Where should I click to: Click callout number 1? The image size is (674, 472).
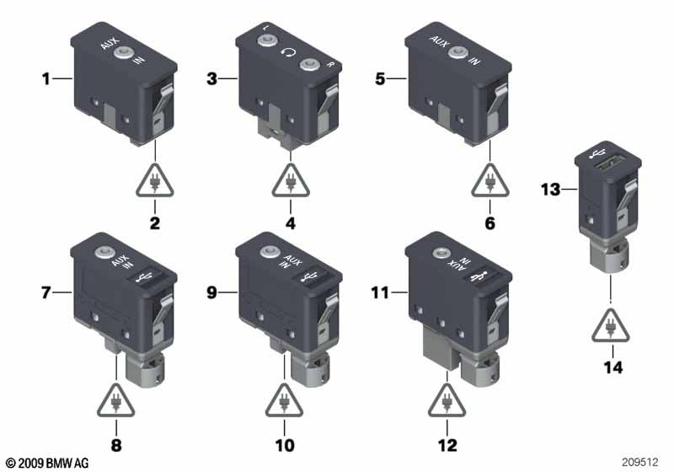tap(45, 79)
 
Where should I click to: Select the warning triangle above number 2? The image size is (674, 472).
tap(155, 180)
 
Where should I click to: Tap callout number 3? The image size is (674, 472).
tap(211, 79)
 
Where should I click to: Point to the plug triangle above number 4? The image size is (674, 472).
tap(291, 180)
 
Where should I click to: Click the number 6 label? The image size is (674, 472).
tap(489, 223)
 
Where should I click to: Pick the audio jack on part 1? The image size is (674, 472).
tap(123, 53)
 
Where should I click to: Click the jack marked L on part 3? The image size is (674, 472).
tap(267, 41)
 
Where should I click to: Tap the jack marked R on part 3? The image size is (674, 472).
tap(309, 65)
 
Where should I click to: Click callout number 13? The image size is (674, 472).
tap(551, 190)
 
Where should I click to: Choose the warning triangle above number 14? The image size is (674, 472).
tap(610, 326)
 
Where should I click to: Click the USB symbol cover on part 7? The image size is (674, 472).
tap(144, 277)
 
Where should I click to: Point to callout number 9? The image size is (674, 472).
tap(211, 292)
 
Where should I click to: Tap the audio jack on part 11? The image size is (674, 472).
tap(440, 253)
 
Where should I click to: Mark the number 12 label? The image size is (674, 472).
tap(447, 446)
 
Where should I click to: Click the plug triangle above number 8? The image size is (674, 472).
tap(116, 400)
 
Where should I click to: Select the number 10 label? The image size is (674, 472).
tap(285, 446)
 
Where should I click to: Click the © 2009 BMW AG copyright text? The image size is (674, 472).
tap(47, 463)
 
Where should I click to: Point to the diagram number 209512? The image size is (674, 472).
tap(640, 462)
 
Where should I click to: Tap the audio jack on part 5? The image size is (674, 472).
tap(457, 53)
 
